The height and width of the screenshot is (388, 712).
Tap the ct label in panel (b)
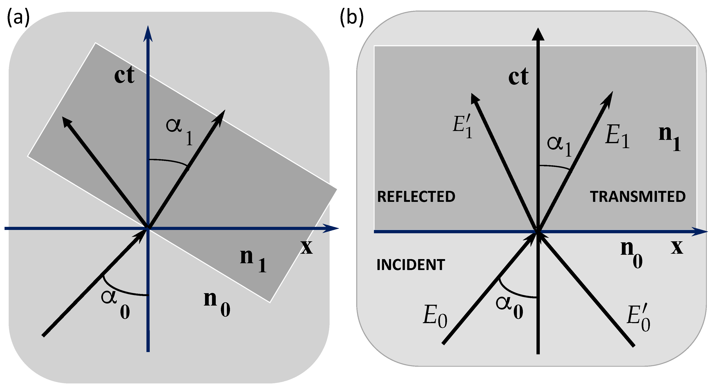518,76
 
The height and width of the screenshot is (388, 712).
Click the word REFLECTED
416,197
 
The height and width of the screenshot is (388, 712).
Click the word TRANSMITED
638,197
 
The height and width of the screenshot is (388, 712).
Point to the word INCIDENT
411,265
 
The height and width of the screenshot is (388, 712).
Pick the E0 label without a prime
435,316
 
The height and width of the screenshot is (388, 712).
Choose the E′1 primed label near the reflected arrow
462,127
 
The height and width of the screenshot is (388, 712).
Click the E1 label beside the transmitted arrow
617,136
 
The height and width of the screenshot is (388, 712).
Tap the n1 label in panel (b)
670,138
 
